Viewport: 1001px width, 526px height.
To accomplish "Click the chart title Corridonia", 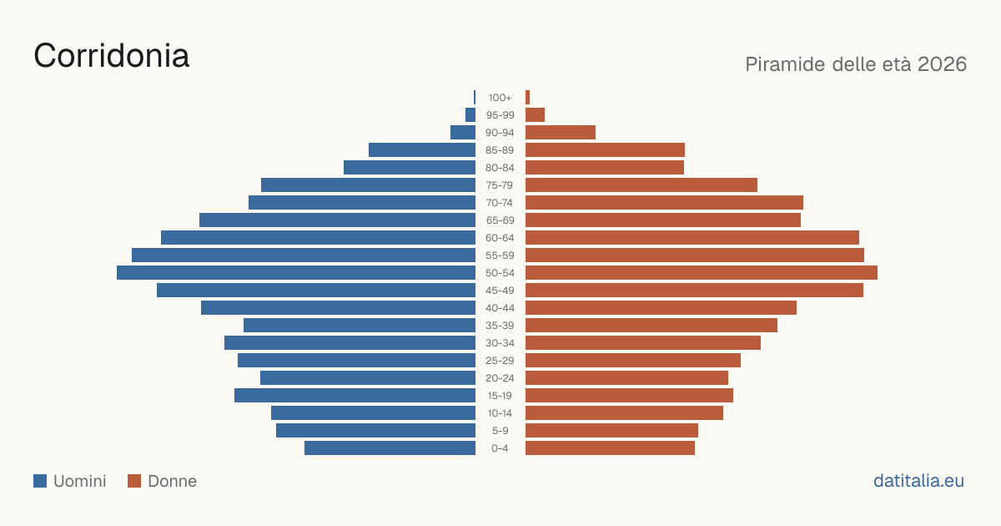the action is pyautogui.click(x=111, y=56).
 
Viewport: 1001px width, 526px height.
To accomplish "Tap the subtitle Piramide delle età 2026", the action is pyautogui.click(x=856, y=64).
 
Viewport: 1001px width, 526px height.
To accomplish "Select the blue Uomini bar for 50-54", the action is pyautogui.click(x=296, y=273).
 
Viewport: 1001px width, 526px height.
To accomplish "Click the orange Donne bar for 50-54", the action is pyautogui.click(x=702, y=273).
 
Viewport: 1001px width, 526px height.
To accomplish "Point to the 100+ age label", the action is pyautogui.click(x=500, y=98).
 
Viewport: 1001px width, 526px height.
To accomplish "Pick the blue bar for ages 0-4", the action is pyautogui.click(x=390, y=448).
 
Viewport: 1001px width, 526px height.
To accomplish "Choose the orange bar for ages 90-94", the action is pyautogui.click(x=561, y=133).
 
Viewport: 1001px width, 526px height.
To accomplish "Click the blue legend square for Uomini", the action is pyautogui.click(x=40, y=481).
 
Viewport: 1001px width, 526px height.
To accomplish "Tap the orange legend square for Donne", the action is pyautogui.click(x=134, y=481).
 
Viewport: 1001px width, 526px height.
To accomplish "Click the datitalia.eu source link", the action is pyautogui.click(x=918, y=481).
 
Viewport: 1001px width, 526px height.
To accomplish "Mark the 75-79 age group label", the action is pyautogui.click(x=500, y=185).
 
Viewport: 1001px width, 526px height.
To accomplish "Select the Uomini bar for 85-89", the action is pyautogui.click(x=422, y=149).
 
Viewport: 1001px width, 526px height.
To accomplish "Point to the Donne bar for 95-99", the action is pyautogui.click(x=535, y=115).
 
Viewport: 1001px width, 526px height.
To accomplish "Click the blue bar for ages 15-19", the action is pyautogui.click(x=355, y=396).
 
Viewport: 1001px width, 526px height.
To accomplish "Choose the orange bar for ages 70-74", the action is pyautogui.click(x=664, y=203).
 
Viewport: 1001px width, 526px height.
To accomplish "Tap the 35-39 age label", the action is pyautogui.click(x=500, y=326).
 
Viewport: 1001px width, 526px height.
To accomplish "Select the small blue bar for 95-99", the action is pyautogui.click(x=470, y=115).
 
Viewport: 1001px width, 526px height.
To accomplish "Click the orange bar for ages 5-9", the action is pyautogui.click(x=611, y=431).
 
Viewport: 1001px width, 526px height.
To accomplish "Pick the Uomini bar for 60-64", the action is pyautogui.click(x=318, y=237).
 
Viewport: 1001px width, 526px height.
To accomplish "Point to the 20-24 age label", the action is pyautogui.click(x=500, y=378).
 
